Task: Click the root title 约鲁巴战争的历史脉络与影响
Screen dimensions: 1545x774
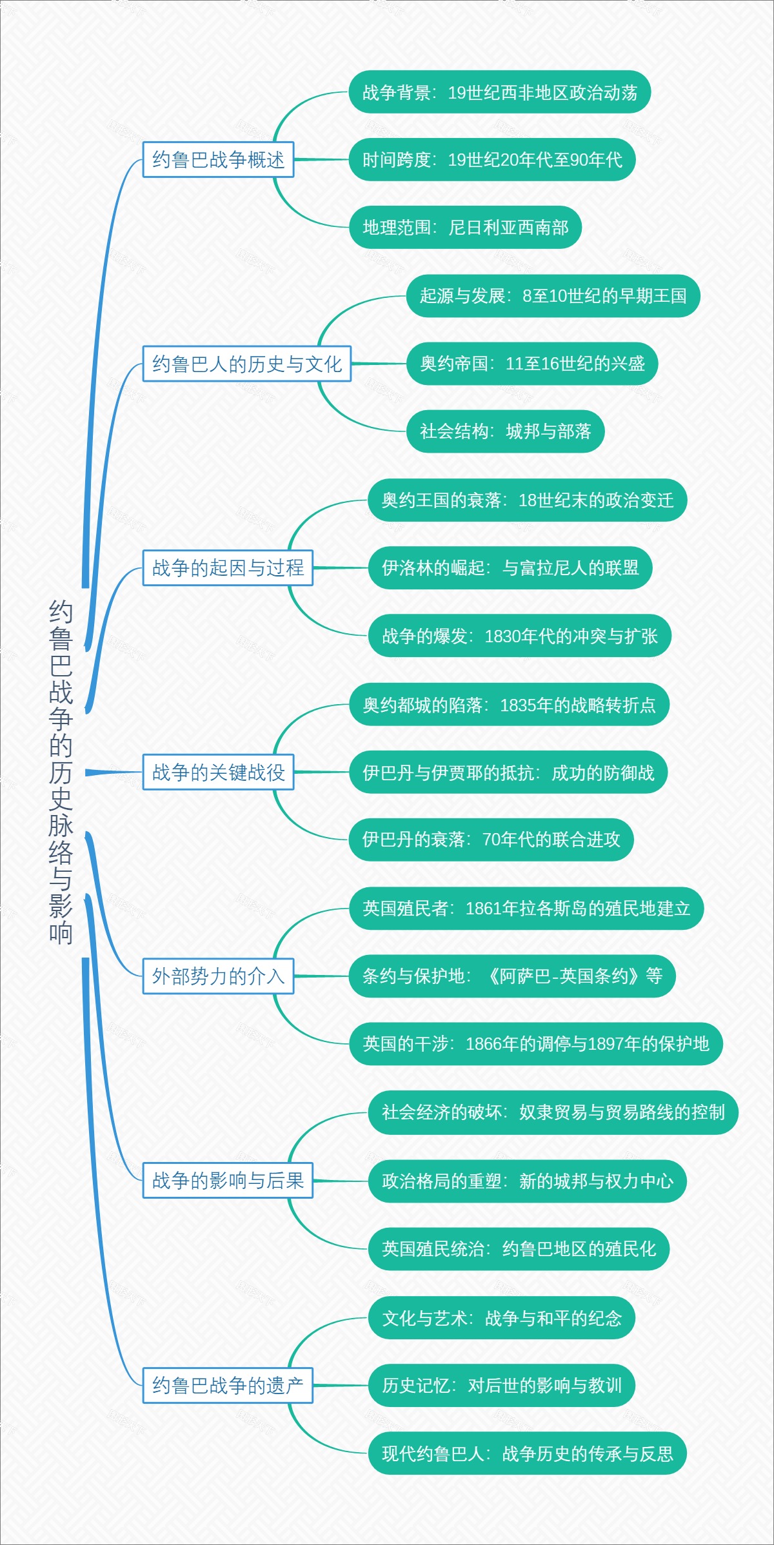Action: [x=61, y=772]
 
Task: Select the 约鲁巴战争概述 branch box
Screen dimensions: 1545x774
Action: [x=218, y=159]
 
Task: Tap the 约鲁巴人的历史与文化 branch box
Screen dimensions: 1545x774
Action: [x=246, y=364]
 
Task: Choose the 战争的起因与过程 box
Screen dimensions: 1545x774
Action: [x=228, y=567]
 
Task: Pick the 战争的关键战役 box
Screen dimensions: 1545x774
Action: [x=218, y=772]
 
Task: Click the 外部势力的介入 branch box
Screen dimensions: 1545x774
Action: [x=218, y=976]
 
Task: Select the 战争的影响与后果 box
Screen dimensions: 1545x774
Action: [x=228, y=1180]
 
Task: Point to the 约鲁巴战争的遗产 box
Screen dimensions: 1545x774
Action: [x=228, y=1384]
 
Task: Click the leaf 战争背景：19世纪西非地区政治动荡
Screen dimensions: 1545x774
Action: [x=499, y=92]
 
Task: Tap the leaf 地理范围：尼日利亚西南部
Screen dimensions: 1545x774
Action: [x=465, y=227]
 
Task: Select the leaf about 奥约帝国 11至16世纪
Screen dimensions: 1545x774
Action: [x=531, y=364]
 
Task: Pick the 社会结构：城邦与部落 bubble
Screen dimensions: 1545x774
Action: [x=505, y=431]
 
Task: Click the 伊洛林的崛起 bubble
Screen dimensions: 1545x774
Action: [x=510, y=567]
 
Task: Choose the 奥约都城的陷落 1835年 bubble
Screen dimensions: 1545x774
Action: [x=509, y=705]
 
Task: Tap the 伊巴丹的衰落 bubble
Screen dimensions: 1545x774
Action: [x=491, y=839]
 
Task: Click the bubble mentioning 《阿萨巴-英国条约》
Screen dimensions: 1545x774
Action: [x=512, y=976]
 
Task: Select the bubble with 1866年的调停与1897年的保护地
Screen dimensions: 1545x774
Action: [x=535, y=1043]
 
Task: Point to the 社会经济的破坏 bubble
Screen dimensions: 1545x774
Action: [x=553, y=1112]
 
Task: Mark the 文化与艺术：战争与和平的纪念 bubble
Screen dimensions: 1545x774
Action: [x=501, y=1317]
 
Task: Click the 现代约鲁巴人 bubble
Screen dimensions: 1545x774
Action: [x=527, y=1453]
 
